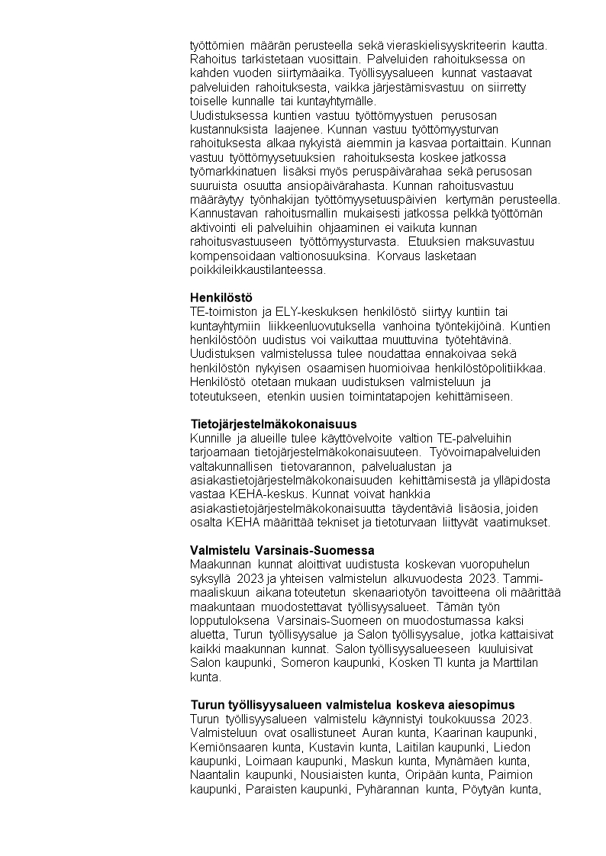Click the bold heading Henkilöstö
[221, 297]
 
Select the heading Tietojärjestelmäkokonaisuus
[273, 423]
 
